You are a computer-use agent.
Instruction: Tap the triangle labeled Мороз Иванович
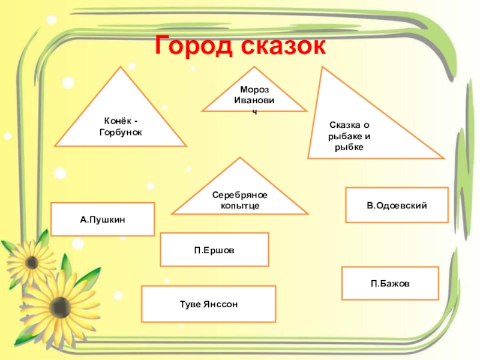point(254,99)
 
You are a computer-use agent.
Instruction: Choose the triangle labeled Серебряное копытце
point(239,197)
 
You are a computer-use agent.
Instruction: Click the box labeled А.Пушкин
point(103,219)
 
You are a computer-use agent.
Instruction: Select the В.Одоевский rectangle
point(397,205)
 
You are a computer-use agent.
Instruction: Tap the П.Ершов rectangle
point(214,250)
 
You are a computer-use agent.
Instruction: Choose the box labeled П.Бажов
point(390,283)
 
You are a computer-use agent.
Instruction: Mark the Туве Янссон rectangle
point(208,304)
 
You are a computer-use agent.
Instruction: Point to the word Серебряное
point(239,196)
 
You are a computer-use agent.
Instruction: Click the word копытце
point(239,206)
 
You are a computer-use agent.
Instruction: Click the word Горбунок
point(121,131)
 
